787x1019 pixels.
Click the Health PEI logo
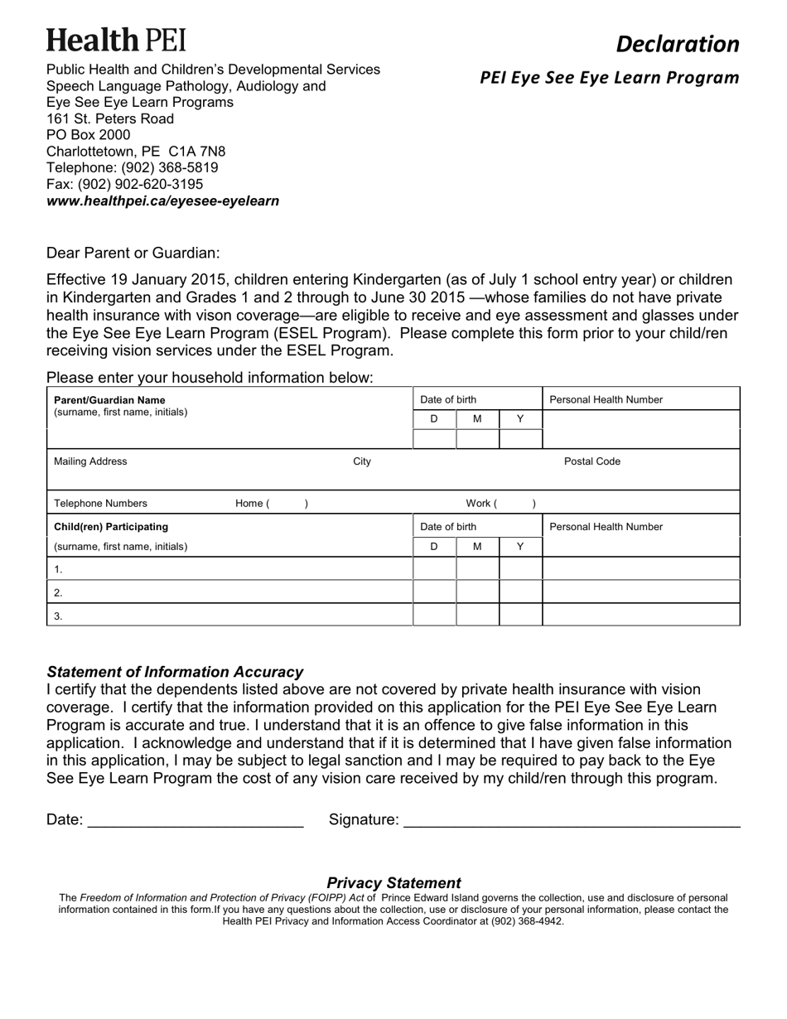(x=116, y=40)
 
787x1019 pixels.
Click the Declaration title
(x=677, y=44)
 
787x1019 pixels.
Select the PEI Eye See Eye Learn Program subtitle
(x=609, y=78)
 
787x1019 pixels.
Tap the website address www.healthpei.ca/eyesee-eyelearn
(x=162, y=200)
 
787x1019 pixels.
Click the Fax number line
(x=124, y=184)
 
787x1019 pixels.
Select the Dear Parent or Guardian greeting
(x=133, y=253)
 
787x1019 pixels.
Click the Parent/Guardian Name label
(x=109, y=400)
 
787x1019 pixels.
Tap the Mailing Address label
(x=90, y=461)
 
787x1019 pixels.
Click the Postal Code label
(x=591, y=461)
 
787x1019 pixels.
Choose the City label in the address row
(x=362, y=461)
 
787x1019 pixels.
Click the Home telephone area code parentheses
(x=287, y=503)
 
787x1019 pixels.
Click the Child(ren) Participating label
(x=110, y=526)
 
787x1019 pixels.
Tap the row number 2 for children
(x=58, y=592)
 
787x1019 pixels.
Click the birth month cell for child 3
(x=477, y=615)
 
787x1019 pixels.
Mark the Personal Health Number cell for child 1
(x=640, y=568)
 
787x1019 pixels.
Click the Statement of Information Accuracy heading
(x=175, y=672)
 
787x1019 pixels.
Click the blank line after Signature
(x=571, y=820)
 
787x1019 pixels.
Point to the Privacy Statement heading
(x=393, y=882)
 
